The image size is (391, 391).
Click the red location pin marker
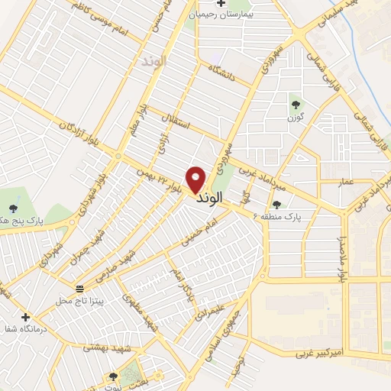(x=196, y=179)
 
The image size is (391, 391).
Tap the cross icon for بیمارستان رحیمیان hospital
(x=221, y=5)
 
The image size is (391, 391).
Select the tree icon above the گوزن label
(x=296, y=105)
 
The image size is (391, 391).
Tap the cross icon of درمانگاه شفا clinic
(x=25, y=317)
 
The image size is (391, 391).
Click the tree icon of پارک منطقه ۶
(x=276, y=204)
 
